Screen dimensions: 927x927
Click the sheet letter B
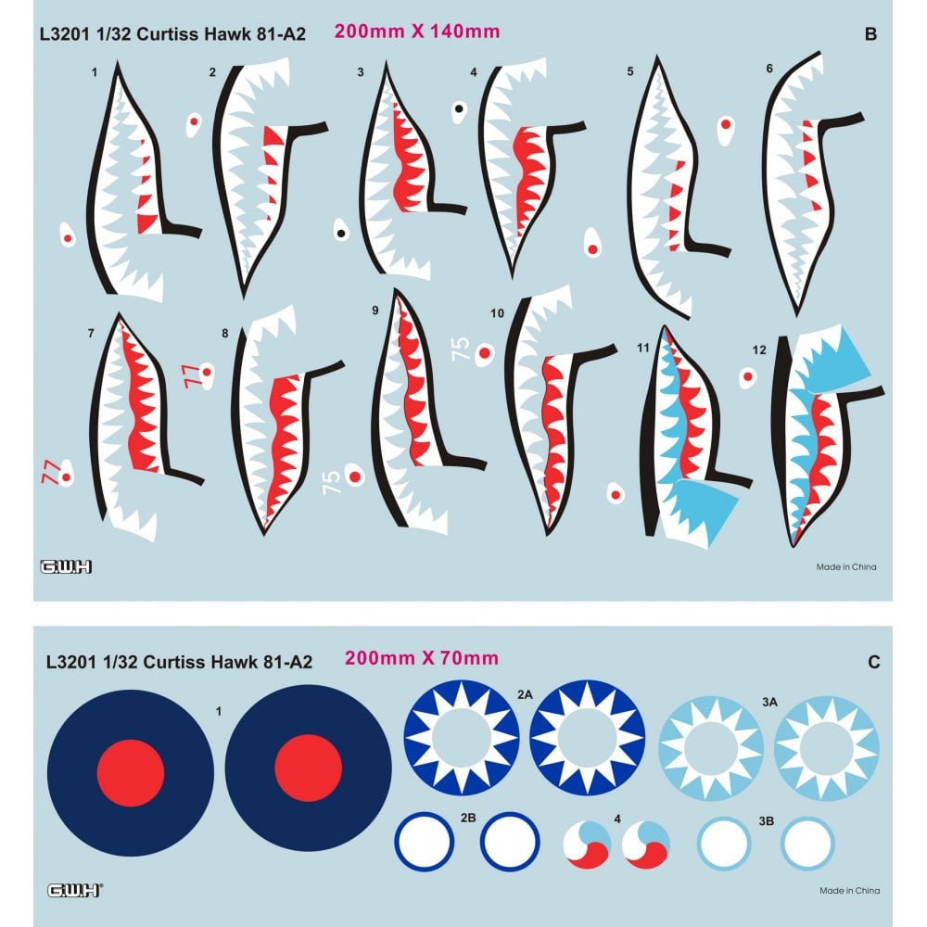(x=870, y=35)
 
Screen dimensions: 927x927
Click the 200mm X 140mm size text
(x=417, y=32)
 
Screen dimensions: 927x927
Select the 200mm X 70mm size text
(x=421, y=659)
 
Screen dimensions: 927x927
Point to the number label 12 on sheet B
(x=760, y=349)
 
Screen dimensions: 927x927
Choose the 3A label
(x=768, y=705)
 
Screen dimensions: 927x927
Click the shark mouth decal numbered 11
(x=686, y=436)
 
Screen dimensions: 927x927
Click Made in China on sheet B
(x=845, y=566)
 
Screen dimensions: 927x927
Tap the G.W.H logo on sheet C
(x=75, y=890)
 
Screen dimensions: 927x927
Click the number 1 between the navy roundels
(x=217, y=711)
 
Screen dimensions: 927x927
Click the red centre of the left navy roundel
(x=131, y=773)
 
